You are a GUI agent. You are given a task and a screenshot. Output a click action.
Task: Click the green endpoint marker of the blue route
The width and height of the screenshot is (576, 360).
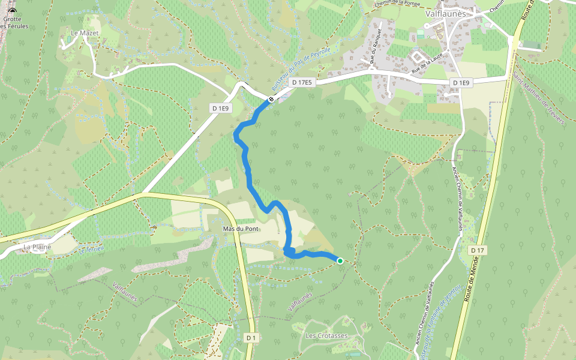click(x=340, y=260)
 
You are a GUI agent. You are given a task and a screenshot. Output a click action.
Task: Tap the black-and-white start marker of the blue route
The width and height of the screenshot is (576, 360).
click(x=271, y=99)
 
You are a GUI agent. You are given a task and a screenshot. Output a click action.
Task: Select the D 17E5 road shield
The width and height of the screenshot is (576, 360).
click(x=301, y=82)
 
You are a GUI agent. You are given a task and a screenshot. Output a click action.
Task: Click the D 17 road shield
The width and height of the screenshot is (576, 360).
click(x=478, y=250)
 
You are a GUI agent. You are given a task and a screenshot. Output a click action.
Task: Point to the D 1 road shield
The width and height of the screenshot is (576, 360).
click(x=251, y=338)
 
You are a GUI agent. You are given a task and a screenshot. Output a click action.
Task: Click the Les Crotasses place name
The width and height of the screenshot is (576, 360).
click(x=326, y=335)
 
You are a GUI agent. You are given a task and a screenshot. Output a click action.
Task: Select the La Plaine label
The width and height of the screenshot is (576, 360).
click(x=37, y=247)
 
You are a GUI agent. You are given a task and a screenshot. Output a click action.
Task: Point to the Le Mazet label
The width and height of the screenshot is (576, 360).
click(x=84, y=33)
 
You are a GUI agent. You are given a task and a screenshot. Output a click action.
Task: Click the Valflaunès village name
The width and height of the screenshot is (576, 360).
click(x=449, y=13)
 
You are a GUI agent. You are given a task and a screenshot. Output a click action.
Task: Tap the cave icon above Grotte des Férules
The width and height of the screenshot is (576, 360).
click(x=11, y=11)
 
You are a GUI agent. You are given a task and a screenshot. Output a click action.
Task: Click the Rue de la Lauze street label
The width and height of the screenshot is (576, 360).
click(x=427, y=63)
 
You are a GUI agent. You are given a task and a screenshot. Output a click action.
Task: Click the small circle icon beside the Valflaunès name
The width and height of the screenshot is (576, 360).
click(x=427, y=26)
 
